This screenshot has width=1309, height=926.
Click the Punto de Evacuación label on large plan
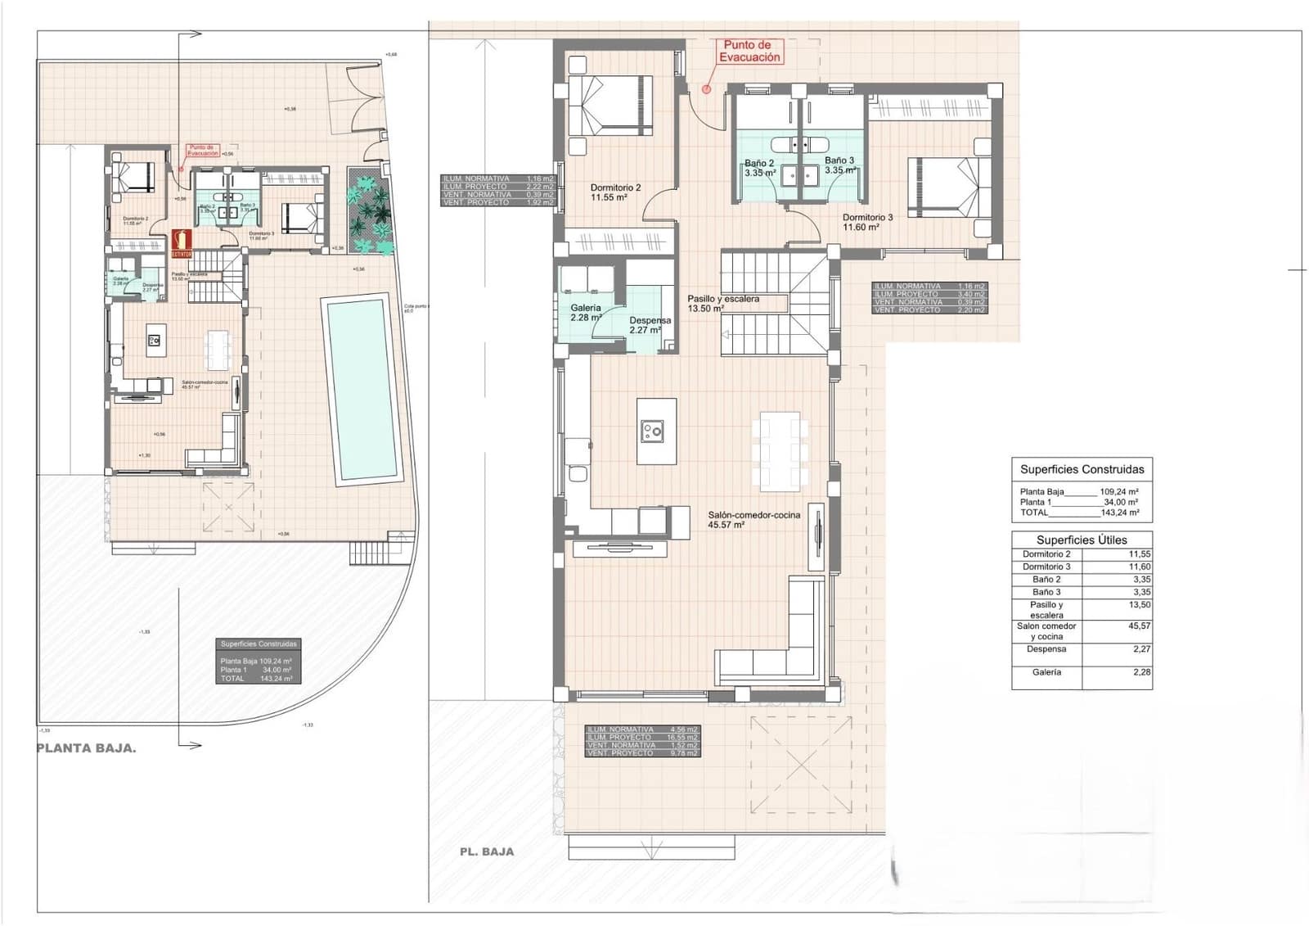(x=749, y=52)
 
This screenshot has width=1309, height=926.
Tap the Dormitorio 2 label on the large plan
(x=614, y=192)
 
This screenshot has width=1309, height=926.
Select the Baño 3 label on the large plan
(x=839, y=165)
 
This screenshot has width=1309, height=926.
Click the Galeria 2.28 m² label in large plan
(x=586, y=313)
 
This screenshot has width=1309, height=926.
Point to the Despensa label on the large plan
(x=650, y=325)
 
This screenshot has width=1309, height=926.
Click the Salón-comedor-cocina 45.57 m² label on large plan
(x=753, y=520)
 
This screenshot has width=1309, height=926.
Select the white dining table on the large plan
(x=779, y=449)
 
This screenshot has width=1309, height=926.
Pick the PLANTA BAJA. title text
(x=87, y=748)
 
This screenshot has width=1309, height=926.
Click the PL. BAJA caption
(x=487, y=851)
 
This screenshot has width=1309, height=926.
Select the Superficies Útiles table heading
(x=1081, y=540)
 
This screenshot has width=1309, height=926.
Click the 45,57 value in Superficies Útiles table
(x=1139, y=626)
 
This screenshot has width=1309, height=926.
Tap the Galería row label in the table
(x=1046, y=671)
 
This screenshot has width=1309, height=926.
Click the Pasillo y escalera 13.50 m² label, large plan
(x=722, y=304)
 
